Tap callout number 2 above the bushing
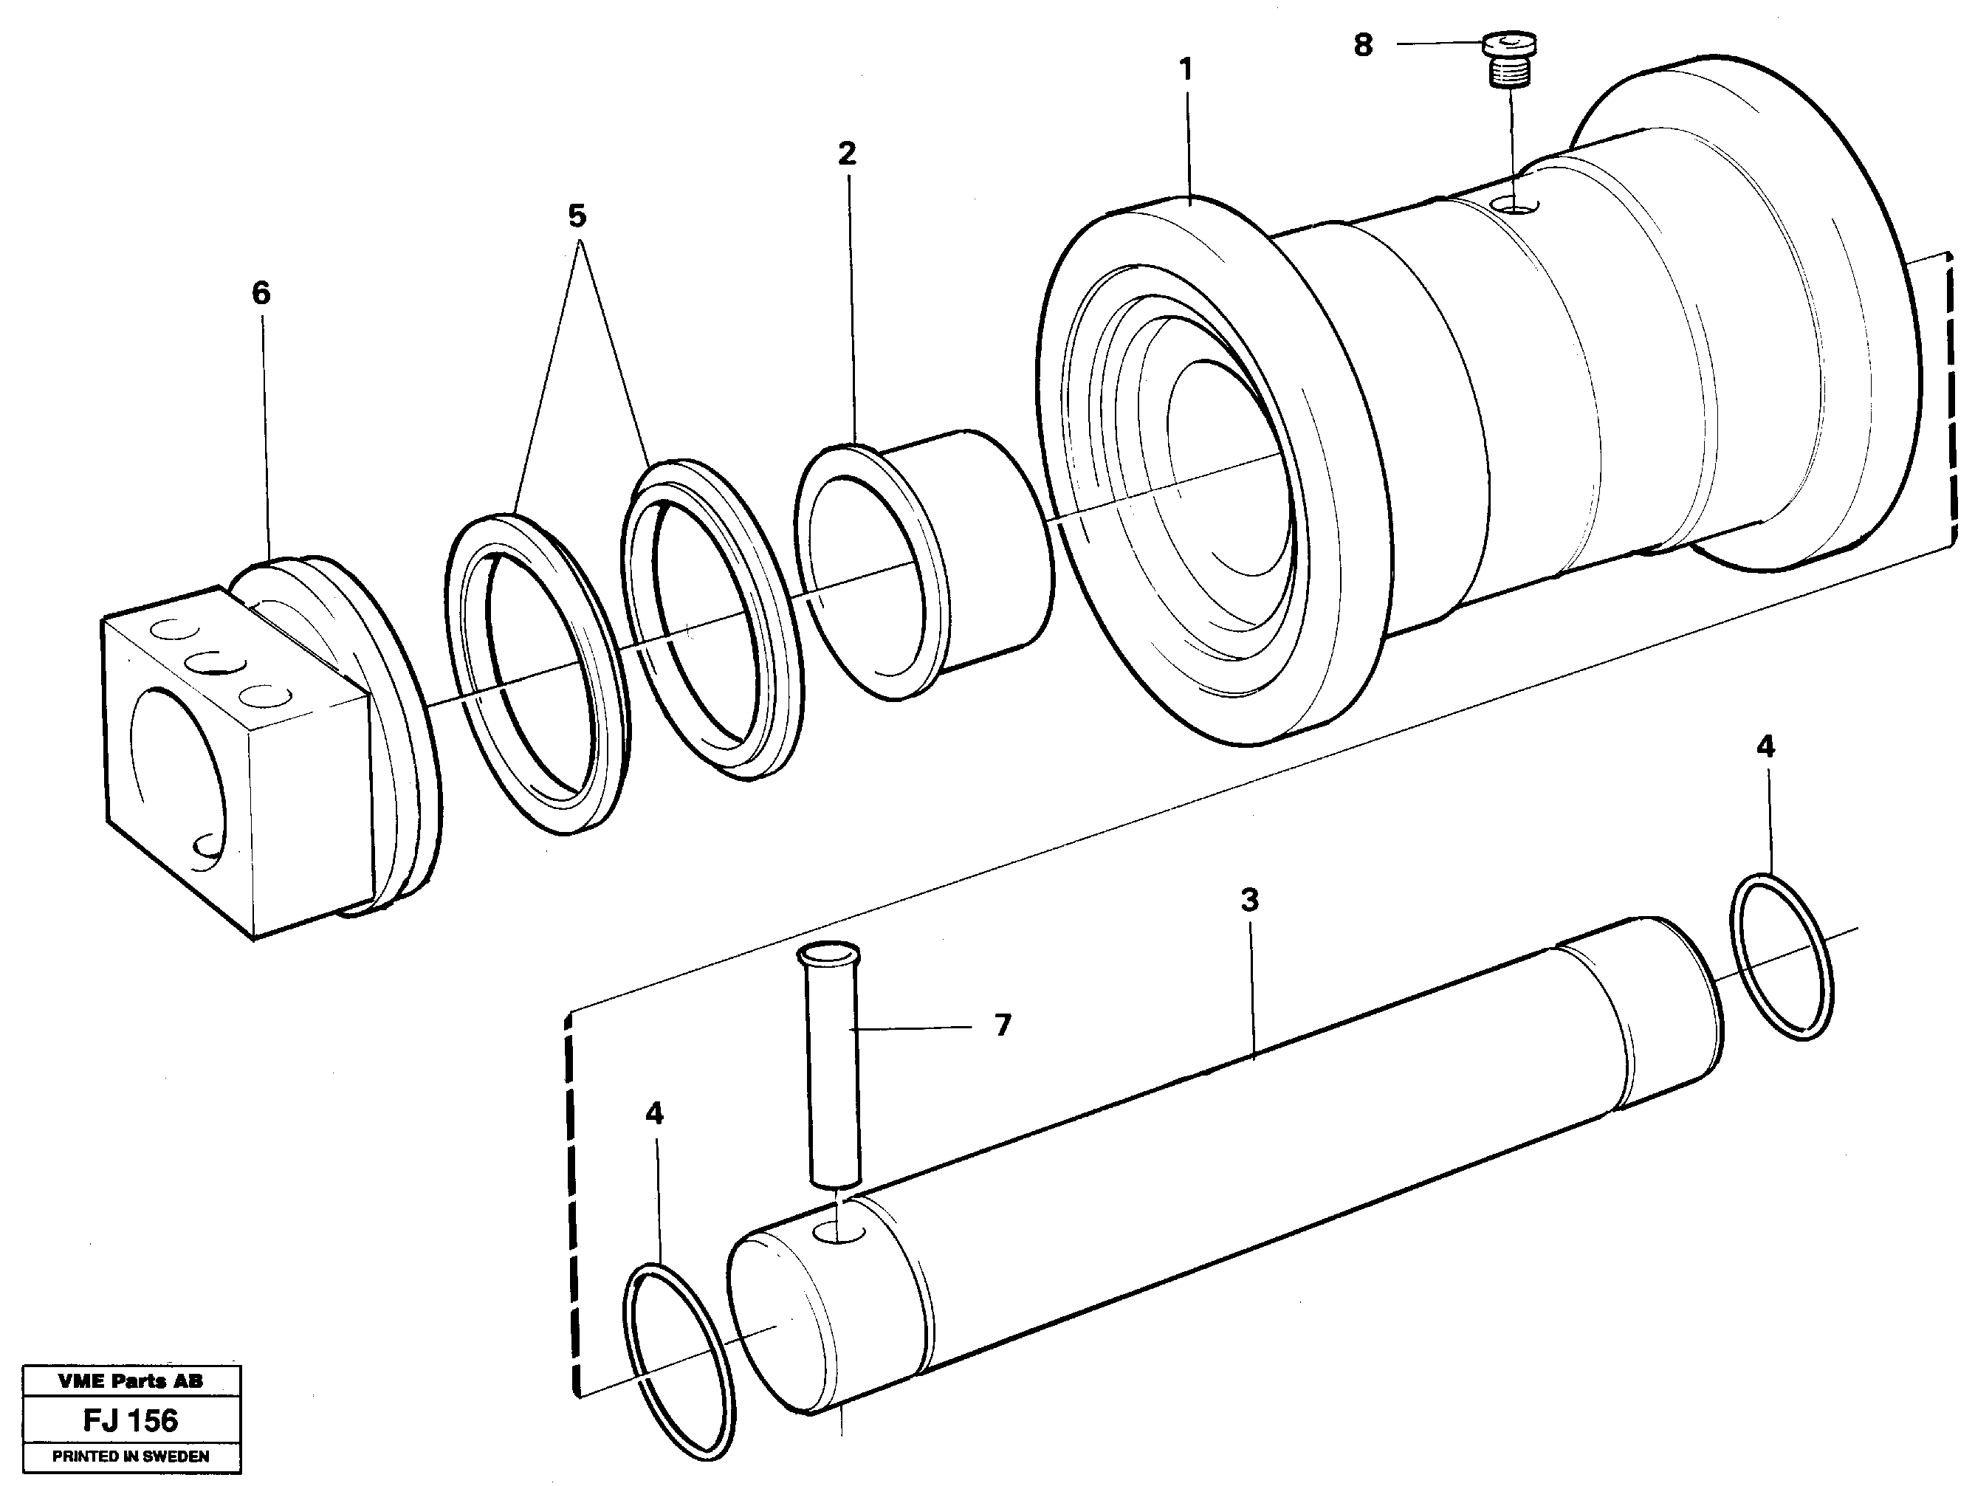846,154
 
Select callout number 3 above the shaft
1249,900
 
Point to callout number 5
577,216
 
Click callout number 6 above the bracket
261,293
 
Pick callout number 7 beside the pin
1002,1026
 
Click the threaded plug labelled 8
1510,58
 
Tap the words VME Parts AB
131,1380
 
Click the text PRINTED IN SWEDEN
131,1456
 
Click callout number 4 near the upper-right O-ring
1765,747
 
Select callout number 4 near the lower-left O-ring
654,1114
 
